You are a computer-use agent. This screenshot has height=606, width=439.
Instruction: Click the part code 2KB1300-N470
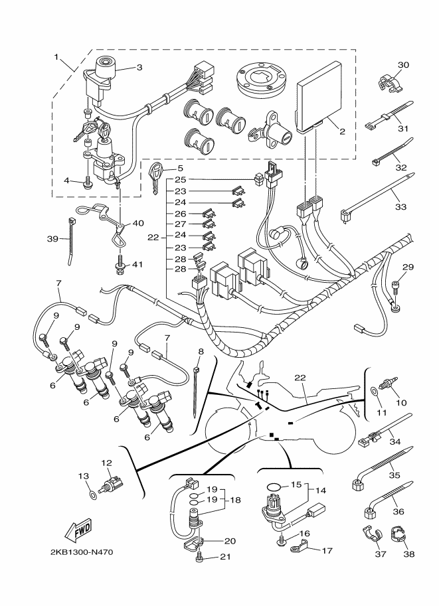click(x=82, y=552)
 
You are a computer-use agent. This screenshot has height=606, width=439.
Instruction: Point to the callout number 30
click(x=403, y=64)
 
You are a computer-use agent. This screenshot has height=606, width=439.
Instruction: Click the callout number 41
click(x=137, y=264)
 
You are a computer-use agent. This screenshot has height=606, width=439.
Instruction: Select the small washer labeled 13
click(x=92, y=494)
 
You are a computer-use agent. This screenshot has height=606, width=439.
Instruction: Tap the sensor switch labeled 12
click(x=113, y=482)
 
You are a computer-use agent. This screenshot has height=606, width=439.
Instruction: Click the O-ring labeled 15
click(x=274, y=486)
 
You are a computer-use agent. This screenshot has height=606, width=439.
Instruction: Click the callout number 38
click(x=408, y=554)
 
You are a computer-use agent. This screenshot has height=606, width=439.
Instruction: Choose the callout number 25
click(x=180, y=179)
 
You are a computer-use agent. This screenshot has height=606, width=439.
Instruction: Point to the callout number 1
click(x=56, y=57)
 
